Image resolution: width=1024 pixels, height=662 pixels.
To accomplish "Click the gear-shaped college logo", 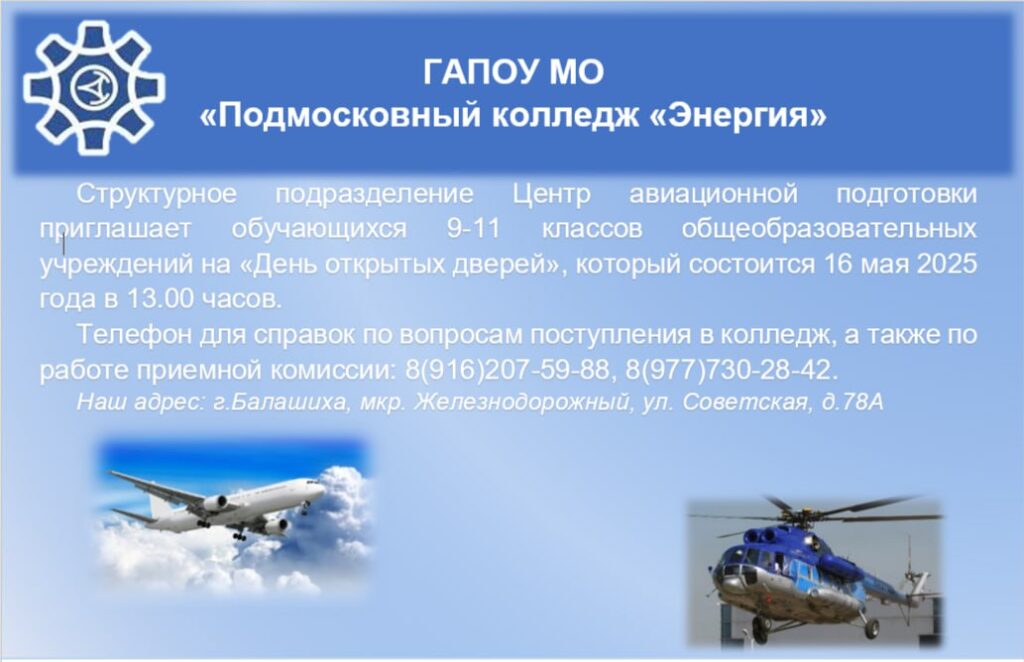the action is (94, 87).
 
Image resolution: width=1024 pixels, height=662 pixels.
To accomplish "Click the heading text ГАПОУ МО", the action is (513, 72).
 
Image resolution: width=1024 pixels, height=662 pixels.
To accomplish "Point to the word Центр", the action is (551, 195).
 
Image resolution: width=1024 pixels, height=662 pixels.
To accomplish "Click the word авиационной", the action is (713, 194).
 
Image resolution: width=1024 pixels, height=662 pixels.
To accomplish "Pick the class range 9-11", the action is (473, 229).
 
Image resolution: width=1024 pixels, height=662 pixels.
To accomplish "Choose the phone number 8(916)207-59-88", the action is (507, 370).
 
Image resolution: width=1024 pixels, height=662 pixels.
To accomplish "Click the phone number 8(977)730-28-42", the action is (729, 370).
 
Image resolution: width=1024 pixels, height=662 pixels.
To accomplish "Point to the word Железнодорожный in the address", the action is (521, 402).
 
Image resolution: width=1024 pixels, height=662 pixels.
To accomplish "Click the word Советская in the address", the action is (745, 402).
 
